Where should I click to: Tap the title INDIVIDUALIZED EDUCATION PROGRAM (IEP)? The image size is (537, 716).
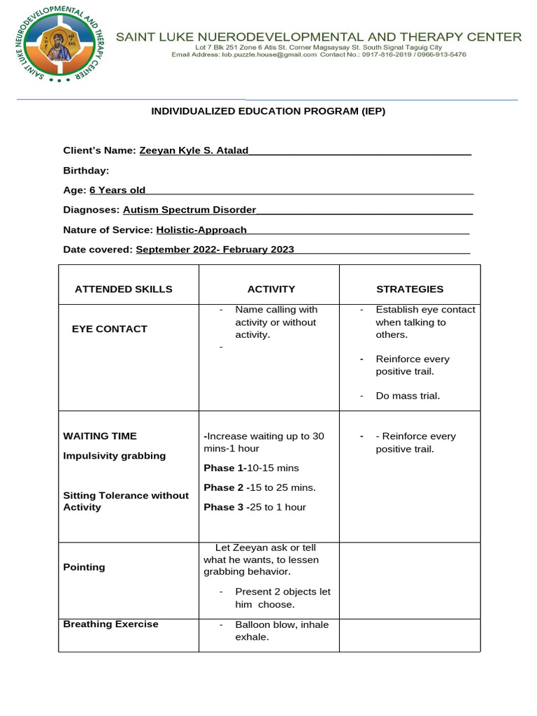click(268, 111)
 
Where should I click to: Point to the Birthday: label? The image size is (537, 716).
click(86, 171)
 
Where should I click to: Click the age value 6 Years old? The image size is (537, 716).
click(117, 190)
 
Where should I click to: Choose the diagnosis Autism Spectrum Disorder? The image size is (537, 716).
click(189, 210)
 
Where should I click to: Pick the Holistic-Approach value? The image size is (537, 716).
click(201, 229)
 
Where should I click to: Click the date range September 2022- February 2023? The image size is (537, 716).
click(215, 250)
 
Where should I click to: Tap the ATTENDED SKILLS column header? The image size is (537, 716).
click(123, 289)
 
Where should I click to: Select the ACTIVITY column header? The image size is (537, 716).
click(271, 289)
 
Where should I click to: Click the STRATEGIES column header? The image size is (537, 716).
click(410, 289)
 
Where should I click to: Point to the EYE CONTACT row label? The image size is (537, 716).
click(110, 329)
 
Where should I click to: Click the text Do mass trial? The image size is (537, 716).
click(408, 396)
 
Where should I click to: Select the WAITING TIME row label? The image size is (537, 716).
click(100, 436)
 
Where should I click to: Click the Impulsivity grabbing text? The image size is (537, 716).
click(115, 456)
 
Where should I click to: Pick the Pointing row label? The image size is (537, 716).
click(84, 567)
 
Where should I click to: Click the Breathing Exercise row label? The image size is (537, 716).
click(110, 624)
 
